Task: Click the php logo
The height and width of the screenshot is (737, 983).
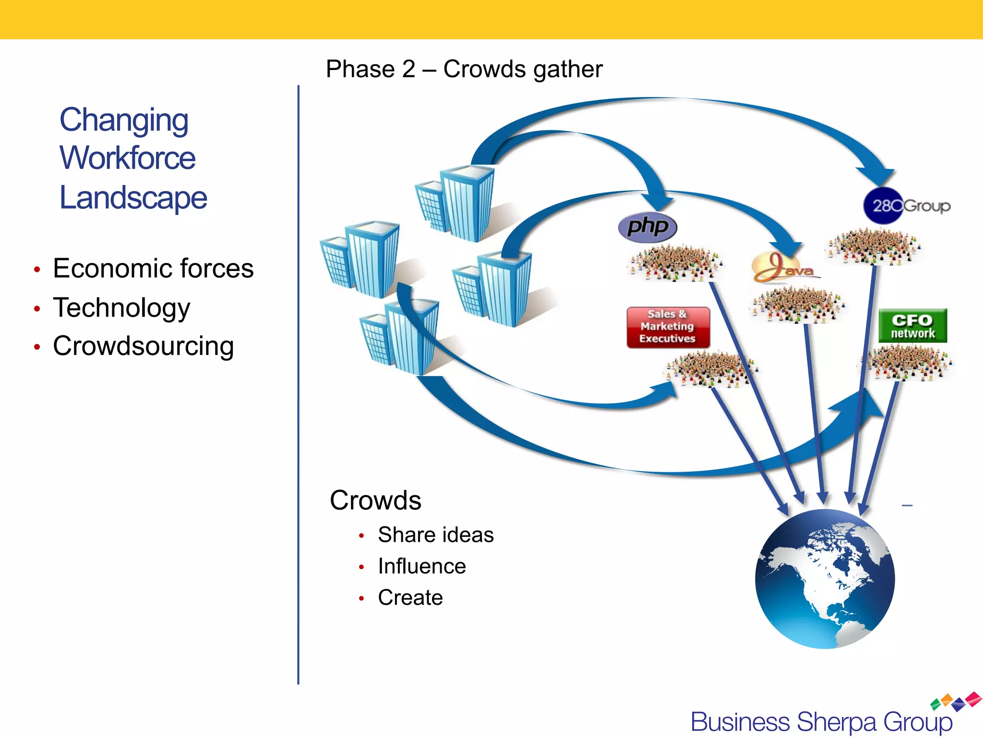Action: [647, 227]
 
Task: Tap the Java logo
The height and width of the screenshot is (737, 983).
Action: [785, 268]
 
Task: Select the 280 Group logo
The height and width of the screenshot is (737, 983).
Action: [906, 206]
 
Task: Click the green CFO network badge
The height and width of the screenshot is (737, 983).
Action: [912, 326]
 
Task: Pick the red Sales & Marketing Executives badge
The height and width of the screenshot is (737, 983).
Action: [668, 327]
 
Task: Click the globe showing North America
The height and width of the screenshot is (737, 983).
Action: [825, 579]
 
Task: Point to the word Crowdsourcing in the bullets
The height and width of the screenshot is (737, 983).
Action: [143, 346]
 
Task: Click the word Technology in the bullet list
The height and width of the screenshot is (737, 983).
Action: [121, 308]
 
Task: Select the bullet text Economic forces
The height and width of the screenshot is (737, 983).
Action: [153, 268]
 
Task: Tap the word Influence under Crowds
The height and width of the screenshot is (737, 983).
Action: [421, 566]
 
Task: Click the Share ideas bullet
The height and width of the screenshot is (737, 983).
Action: [435, 535]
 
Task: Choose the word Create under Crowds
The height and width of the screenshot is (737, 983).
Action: [410, 597]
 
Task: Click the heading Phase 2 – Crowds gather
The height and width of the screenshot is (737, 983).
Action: [464, 69]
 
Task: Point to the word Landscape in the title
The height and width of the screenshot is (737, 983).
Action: [133, 198]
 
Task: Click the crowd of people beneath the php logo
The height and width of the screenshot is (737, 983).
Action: [674, 262]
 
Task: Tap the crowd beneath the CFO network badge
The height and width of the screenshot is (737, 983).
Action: [905, 363]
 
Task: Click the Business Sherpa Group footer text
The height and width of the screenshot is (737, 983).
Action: [821, 722]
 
